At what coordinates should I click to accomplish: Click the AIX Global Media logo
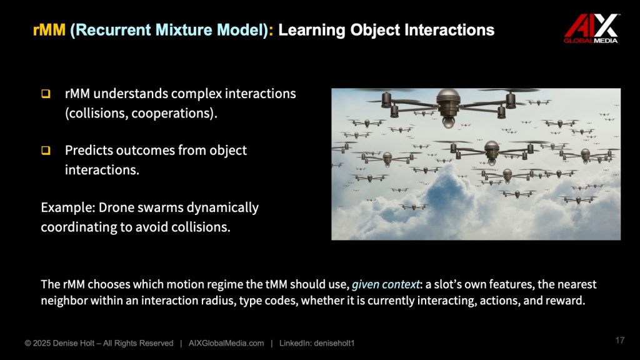coord(591,28)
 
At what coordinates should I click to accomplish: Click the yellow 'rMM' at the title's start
coord(49,30)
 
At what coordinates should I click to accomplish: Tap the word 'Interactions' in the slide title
coord(449,30)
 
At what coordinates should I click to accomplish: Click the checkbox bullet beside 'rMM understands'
coord(46,94)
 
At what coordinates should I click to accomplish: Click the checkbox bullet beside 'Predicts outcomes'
coord(46,150)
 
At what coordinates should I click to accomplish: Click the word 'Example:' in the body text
coord(67,207)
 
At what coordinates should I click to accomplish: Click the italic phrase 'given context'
coord(386,284)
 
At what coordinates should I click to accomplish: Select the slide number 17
coord(619,340)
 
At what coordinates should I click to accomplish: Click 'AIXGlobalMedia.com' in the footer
coord(226,343)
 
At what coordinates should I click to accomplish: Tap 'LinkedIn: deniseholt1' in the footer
coord(317,343)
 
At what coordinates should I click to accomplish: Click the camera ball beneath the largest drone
coord(448,122)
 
